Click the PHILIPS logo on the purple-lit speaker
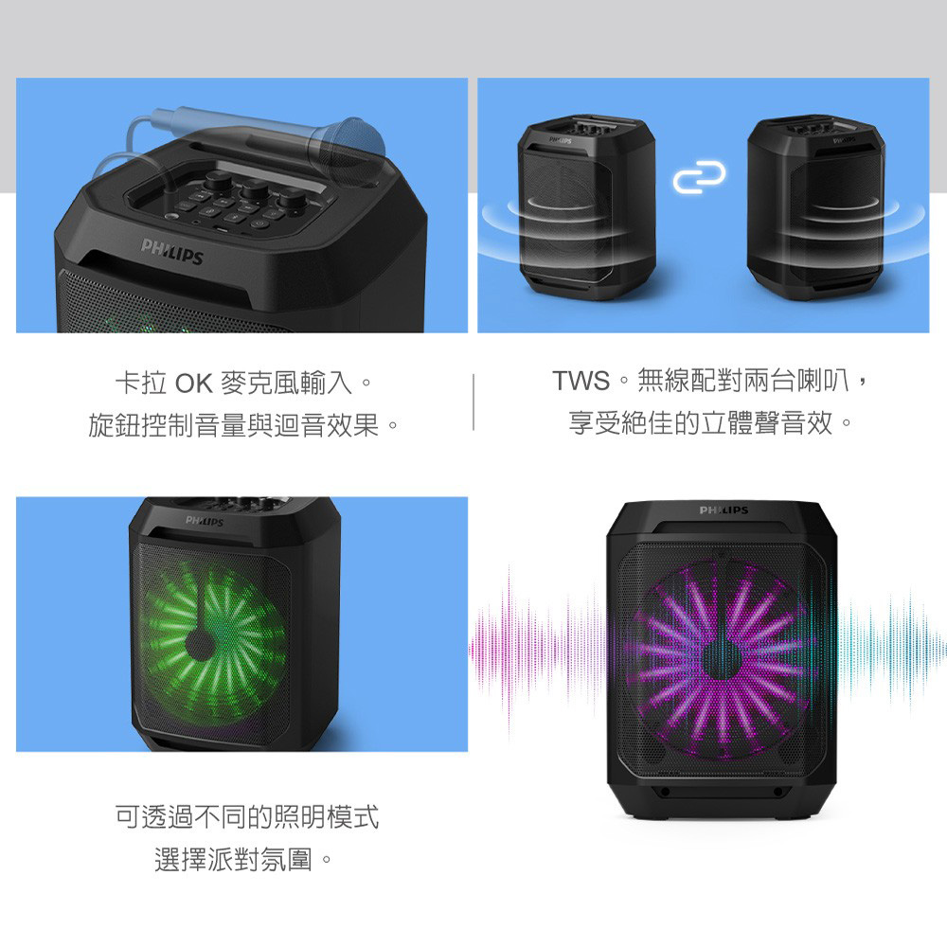pyautogui.click(x=724, y=511)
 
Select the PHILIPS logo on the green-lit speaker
pyautogui.click(x=205, y=522)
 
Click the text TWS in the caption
pyautogui.click(x=581, y=382)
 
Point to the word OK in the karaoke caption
pyautogui.click(x=192, y=384)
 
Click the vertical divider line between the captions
pyautogui.click(x=473, y=402)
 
